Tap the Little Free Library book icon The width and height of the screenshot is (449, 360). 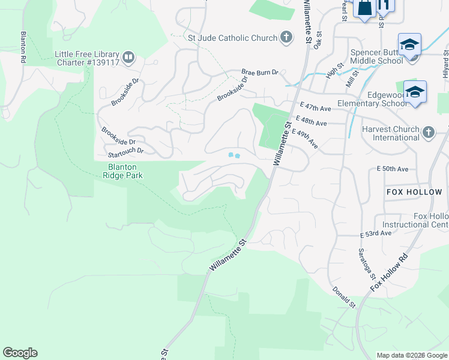(x=128, y=58)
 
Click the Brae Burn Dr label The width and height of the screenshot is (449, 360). (x=260, y=72)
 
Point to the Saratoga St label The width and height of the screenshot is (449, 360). (x=366, y=264)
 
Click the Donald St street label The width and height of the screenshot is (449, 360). (x=345, y=297)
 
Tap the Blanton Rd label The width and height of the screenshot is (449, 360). (x=23, y=47)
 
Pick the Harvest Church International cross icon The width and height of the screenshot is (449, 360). (x=428, y=132)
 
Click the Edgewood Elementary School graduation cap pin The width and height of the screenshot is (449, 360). (x=415, y=92)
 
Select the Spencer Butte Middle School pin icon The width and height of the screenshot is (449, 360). (x=409, y=45)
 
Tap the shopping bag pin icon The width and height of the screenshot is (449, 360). (x=364, y=8)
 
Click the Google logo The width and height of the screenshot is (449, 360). (x=20, y=353)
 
